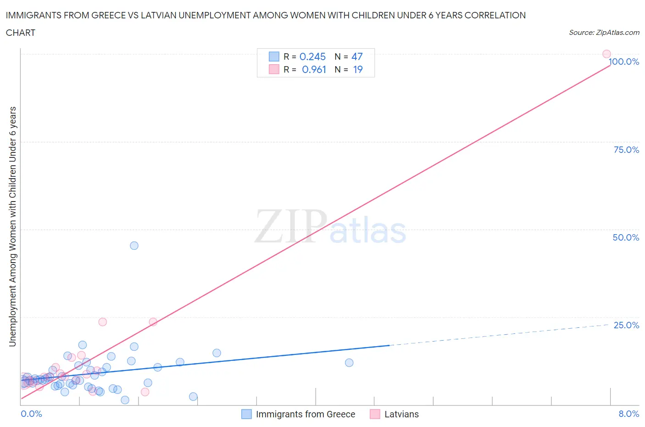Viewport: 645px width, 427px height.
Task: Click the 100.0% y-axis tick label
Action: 624,62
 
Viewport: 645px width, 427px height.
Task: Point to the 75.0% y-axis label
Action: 626,150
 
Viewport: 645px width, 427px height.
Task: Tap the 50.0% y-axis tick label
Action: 626,237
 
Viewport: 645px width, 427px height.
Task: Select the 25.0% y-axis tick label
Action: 626,325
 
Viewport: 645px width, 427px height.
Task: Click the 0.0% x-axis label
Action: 31,414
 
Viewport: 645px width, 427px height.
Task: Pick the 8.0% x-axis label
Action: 628,414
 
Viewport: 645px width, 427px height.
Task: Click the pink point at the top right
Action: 606,54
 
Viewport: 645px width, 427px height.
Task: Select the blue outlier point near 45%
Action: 134,246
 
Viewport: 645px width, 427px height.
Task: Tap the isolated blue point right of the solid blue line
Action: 349,363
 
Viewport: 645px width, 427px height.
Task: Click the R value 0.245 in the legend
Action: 312,56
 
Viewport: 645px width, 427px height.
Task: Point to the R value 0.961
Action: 314,69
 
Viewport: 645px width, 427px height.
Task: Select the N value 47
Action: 357,56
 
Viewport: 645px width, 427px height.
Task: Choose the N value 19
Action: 357,69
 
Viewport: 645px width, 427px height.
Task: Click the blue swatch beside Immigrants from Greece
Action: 246,414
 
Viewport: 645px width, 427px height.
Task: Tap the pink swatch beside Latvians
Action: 375,414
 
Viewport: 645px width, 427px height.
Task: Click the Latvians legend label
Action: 401,414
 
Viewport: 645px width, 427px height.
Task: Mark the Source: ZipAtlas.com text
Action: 604,33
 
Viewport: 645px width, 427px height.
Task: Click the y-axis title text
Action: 13,226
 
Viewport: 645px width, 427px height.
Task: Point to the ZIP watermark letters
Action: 290,226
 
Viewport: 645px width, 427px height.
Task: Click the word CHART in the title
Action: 21,33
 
